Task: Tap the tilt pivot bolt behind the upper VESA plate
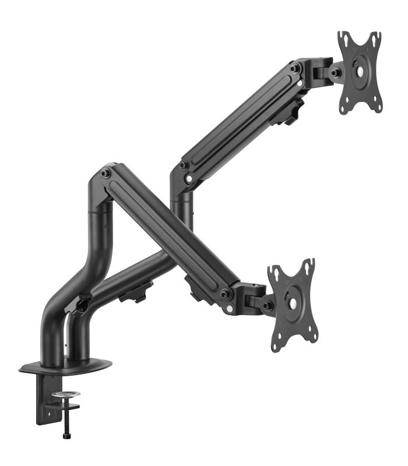[336, 73]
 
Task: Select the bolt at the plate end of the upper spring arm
[296, 68]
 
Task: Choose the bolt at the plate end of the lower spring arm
[225, 293]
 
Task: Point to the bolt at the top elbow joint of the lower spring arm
[105, 174]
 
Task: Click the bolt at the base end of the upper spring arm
[184, 165]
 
